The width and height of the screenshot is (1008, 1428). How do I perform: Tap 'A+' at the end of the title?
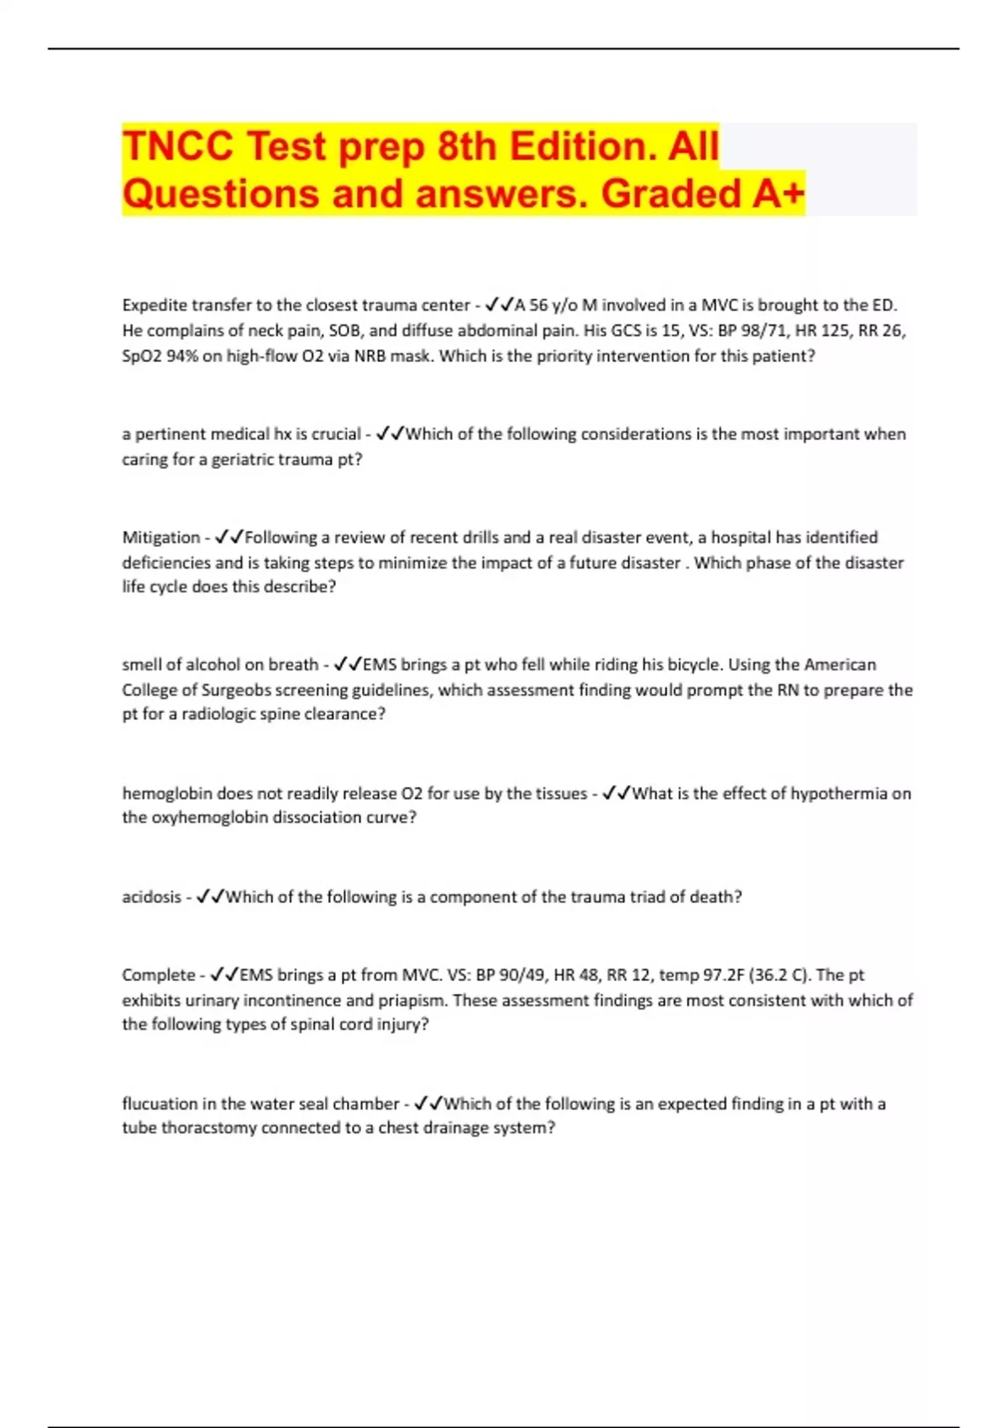coord(778,194)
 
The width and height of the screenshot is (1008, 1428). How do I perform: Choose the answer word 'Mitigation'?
coord(160,537)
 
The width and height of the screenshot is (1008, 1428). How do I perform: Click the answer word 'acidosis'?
coord(151,896)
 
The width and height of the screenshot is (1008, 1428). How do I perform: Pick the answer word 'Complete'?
coord(158,974)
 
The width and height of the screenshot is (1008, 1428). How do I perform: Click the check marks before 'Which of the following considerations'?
coord(391,434)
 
